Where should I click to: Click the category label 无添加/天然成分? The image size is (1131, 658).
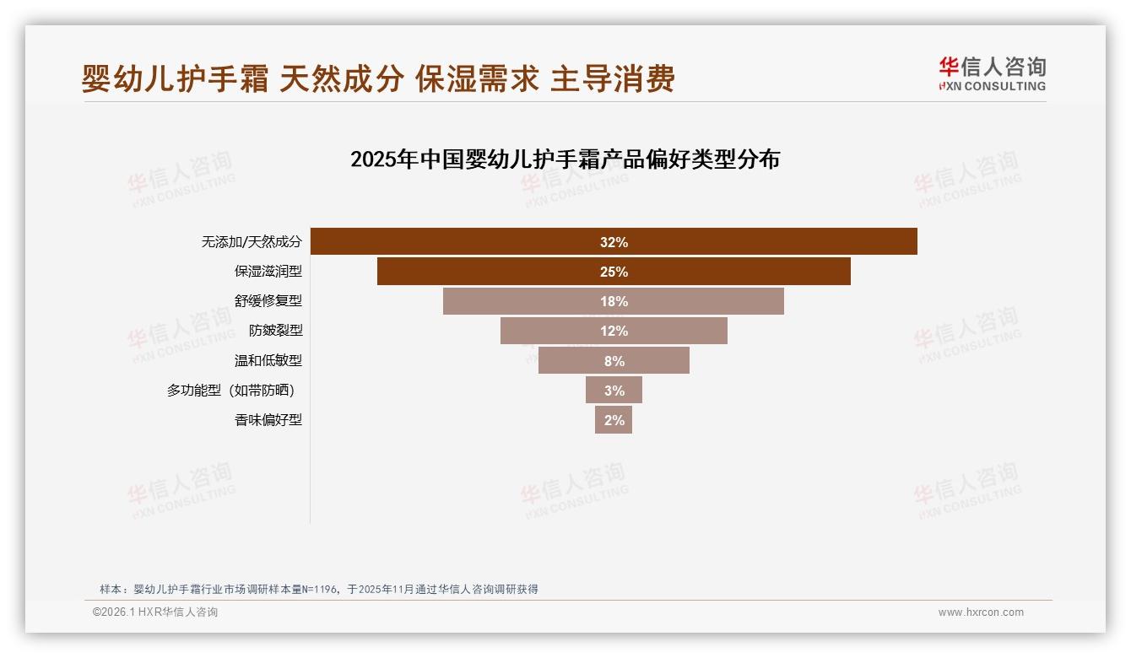coord(251,242)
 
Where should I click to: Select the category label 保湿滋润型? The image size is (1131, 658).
coord(268,272)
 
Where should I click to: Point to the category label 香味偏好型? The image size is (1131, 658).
coord(268,419)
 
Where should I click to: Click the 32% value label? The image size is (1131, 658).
coord(614,242)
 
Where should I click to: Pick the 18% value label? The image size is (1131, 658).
coord(614,301)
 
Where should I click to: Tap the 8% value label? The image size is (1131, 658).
coord(614,361)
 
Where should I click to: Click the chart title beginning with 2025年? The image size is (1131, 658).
coord(565,159)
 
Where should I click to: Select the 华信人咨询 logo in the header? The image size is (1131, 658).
coord(992,73)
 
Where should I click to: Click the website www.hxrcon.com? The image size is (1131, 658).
coord(981,612)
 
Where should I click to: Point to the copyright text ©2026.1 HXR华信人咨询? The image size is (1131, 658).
coord(154,612)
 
